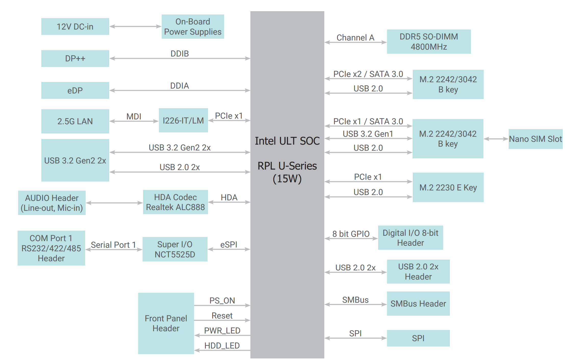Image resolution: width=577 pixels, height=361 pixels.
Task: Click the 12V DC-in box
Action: tap(75, 26)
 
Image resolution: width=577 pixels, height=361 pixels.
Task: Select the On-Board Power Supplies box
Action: tap(193, 26)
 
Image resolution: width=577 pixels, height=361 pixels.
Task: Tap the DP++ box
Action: tap(75, 59)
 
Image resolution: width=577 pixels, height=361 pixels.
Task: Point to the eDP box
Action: tap(75, 90)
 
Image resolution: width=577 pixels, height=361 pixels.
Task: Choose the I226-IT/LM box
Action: tap(183, 120)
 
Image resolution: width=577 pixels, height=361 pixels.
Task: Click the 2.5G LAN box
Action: tap(75, 121)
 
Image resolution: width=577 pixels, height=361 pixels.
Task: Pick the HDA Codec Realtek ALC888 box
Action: tap(175, 202)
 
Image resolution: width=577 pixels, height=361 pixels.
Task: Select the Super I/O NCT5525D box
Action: tap(175, 249)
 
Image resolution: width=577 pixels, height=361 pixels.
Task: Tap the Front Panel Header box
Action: tap(166, 323)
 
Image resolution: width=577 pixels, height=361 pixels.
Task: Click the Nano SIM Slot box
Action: tap(536, 139)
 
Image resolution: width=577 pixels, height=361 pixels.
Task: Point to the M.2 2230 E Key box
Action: tap(448, 187)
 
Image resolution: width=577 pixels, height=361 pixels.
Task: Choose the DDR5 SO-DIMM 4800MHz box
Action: tap(429, 41)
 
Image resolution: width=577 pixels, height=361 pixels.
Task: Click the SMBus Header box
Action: tap(418, 304)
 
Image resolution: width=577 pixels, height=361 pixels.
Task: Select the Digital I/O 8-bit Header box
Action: tap(411, 238)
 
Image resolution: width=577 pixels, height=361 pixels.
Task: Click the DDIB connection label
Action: tap(180, 54)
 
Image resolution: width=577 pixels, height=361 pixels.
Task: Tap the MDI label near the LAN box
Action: tap(134, 117)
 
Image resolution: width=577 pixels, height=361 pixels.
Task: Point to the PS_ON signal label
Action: tap(222, 301)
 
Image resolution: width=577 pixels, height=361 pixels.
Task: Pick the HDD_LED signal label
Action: tap(222, 346)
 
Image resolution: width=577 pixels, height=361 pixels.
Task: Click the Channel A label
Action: tap(355, 38)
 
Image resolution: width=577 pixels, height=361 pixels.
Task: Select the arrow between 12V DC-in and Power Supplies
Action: tap(135, 26)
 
